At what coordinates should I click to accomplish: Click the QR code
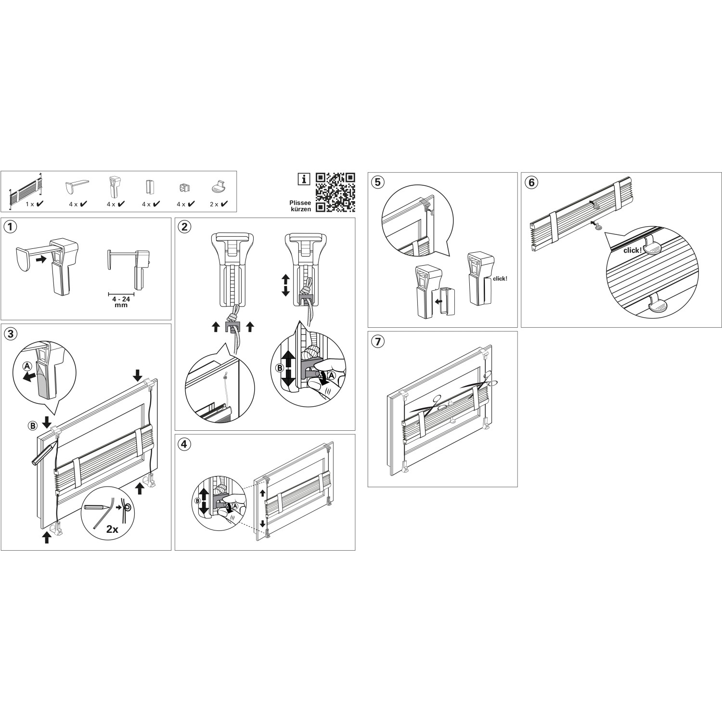click(335, 192)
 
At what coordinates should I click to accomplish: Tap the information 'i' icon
click(303, 179)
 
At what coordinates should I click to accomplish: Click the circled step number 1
click(10, 226)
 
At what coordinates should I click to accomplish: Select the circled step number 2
click(184, 226)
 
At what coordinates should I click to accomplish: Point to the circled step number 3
click(10, 332)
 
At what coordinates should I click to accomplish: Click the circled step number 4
click(184, 443)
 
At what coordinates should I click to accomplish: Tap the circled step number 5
click(377, 181)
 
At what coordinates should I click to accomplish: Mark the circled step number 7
click(377, 341)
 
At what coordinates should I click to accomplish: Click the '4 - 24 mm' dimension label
click(121, 302)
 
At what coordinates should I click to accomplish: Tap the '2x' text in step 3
click(112, 529)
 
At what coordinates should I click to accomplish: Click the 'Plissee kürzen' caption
click(300, 206)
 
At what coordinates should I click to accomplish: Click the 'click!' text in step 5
click(500, 278)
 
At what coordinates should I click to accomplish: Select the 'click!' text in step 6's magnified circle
click(632, 250)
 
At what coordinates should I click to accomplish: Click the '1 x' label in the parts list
click(30, 204)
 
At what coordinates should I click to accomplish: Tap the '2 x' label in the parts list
click(214, 204)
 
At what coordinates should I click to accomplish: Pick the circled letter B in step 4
click(197, 501)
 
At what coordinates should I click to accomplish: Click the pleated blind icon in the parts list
click(25, 192)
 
